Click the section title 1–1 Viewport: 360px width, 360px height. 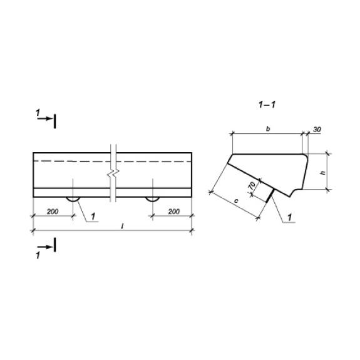tap(267, 105)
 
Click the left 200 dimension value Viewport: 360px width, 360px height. tap(53, 212)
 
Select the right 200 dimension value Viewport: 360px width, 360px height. tap(174, 212)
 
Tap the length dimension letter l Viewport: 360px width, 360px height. tap(123, 227)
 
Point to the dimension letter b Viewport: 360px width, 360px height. tap(268, 129)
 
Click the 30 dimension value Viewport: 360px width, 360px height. tap(317, 130)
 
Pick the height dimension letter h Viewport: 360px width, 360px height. tap(323, 172)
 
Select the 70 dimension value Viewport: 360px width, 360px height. tap(252, 185)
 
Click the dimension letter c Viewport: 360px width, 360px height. tap(236, 201)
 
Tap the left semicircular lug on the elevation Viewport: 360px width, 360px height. tap(73, 200)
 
